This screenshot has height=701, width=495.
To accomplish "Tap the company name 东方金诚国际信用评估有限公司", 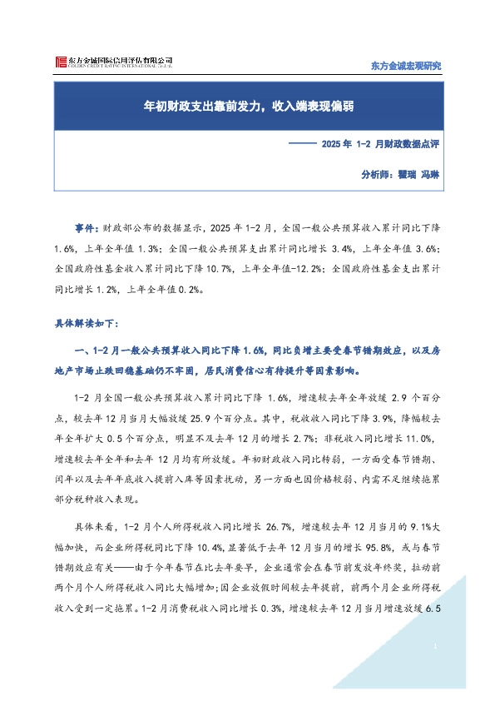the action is (120, 60).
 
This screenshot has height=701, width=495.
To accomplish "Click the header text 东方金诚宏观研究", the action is (404, 66).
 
